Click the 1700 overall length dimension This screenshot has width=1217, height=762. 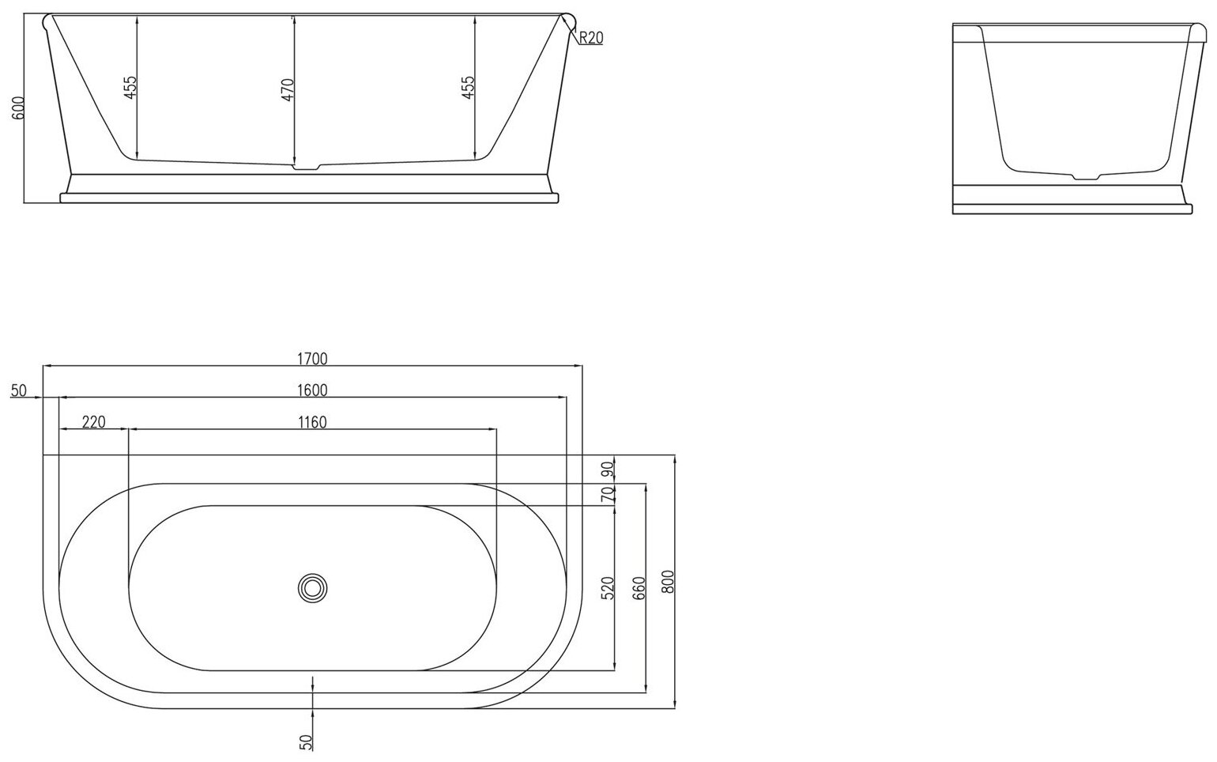pos(312,359)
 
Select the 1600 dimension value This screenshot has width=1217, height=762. pos(312,390)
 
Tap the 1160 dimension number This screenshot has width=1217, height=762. pos(312,422)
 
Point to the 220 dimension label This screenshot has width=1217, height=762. pos(93,422)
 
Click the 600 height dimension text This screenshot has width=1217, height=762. pos(20,108)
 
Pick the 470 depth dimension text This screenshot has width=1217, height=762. pos(288,89)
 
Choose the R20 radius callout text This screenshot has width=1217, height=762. pos(590,38)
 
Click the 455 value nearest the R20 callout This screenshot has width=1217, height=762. pos(468,87)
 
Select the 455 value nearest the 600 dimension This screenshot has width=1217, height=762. pos(131,87)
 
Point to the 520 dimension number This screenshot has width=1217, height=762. pos(608,589)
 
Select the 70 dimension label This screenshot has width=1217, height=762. pos(608,495)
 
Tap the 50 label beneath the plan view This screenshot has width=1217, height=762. pos(307,741)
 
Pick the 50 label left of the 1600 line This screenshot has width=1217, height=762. pos(20,390)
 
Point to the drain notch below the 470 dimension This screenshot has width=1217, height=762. pos(306,167)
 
